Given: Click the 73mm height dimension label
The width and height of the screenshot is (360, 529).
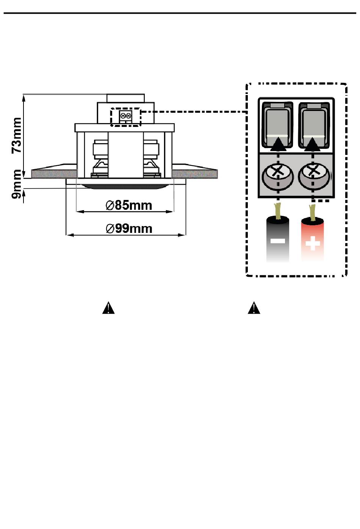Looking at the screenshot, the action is [17, 135].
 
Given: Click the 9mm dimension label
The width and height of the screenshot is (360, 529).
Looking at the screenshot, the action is [17, 184].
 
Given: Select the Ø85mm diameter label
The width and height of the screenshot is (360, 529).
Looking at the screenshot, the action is [128, 206].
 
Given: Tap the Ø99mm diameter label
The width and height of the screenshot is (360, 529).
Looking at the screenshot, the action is [129, 229].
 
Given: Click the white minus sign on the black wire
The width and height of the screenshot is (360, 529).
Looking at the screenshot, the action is [278, 241].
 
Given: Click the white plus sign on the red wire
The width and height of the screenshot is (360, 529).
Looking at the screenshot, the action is [313, 243].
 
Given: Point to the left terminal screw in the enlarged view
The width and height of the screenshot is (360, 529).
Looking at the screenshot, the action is [278, 176].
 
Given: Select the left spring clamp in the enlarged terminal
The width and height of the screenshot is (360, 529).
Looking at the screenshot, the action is [277, 125].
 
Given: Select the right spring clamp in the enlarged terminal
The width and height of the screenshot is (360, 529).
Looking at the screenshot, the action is [314, 125].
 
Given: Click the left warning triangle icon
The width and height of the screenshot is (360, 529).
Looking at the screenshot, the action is [108, 308].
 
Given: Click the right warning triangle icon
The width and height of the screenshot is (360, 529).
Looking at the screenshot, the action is [254, 308].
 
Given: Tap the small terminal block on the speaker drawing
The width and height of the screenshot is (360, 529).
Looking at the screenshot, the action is [125, 116].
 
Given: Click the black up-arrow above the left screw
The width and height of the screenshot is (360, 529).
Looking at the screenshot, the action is [278, 144].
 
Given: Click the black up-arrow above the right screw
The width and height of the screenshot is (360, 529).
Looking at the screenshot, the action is [313, 144].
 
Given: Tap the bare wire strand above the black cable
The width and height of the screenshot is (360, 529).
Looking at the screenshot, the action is [277, 211].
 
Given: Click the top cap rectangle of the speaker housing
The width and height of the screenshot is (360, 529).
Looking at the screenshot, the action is [125, 98].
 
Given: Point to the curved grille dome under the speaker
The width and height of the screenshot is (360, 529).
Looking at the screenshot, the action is [125, 187].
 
